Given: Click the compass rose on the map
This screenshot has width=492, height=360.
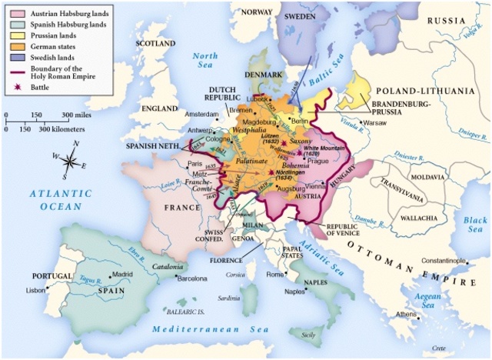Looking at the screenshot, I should click(x=69, y=161).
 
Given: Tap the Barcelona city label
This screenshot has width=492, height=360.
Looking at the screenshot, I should click(x=194, y=279).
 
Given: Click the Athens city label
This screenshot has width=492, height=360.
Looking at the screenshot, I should click(x=407, y=314).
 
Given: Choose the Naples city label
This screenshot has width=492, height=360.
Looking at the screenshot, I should click(x=296, y=292).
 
